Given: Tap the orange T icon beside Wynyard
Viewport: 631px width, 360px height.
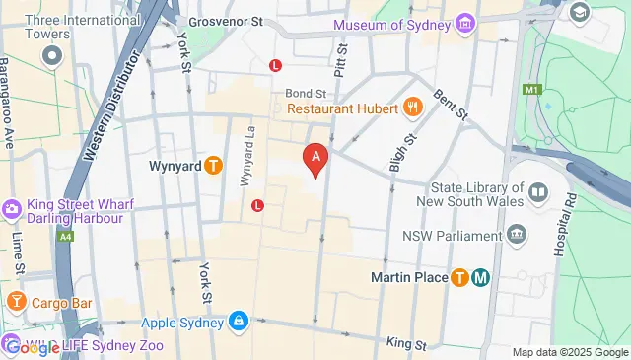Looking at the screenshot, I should tap(213, 166).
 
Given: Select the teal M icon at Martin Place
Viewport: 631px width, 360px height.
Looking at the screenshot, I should tap(481, 277).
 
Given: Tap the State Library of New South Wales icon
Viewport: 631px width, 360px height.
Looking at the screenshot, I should tap(538, 191).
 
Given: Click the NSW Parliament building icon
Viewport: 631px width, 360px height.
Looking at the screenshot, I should tap(516, 235).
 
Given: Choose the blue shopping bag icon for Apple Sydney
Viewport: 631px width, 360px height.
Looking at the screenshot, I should tap(239, 322).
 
